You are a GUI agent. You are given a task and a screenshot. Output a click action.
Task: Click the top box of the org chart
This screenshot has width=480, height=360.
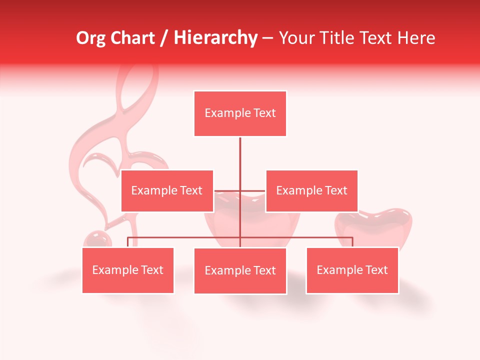240,113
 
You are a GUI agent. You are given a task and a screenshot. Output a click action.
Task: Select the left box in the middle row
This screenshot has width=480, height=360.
167,190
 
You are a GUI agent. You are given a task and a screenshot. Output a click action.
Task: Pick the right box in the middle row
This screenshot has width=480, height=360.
311,190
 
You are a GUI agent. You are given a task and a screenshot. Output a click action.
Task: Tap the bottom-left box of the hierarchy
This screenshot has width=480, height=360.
128,270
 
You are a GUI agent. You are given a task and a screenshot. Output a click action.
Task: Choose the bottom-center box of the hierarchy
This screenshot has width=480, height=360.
240,270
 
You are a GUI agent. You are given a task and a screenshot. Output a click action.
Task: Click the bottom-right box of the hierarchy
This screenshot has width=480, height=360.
352,270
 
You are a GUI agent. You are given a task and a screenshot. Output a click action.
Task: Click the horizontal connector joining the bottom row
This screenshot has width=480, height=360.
185,237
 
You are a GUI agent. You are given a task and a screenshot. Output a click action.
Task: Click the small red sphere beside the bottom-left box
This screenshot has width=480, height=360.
96,239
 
